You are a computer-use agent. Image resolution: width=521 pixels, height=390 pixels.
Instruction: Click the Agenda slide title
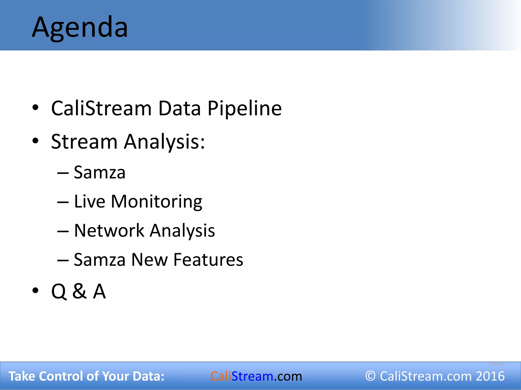click(80, 27)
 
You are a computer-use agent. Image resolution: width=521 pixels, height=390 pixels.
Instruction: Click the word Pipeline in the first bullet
click(244, 109)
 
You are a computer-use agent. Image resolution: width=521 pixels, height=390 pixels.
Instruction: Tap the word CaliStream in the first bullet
click(101, 109)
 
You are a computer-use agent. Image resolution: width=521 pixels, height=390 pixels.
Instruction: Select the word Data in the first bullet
click(179, 109)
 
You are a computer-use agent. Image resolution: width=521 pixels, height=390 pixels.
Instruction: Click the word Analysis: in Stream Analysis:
click(164, 142)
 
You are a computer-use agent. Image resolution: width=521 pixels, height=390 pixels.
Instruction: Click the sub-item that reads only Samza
click(99, 173)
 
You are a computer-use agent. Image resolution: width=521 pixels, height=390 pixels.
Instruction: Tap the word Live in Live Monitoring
click(90, 202)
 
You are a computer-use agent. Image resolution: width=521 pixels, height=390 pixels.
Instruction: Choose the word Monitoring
click(156, 202)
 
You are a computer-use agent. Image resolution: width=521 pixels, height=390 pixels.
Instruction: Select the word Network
click(109, 231)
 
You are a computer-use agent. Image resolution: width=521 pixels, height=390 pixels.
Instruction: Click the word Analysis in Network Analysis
click(182, 231)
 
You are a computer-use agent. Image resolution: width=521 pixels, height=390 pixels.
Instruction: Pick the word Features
click(208, 260)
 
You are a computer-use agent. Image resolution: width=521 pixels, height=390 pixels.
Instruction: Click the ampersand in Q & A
click(79, 291)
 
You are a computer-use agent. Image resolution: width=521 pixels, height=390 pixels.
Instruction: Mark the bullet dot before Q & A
click(35, 290)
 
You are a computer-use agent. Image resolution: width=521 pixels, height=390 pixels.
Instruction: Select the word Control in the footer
click(61, 376)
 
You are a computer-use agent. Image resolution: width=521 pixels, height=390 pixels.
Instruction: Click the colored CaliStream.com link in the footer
click(256, 376)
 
